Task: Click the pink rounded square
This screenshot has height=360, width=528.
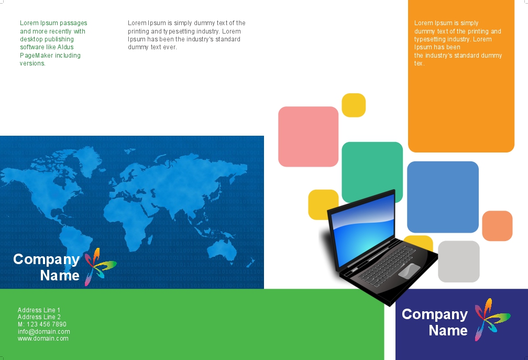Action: point(308,136)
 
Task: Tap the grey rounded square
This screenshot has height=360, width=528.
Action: point(459,261)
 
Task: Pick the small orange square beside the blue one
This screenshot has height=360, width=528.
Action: point(497,226)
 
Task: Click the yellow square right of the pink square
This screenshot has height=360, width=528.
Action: point(354,105)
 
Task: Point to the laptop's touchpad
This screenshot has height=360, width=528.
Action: point(409,270)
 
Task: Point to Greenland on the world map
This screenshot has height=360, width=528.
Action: point(87,160)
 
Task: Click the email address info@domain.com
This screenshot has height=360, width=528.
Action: point(44,331)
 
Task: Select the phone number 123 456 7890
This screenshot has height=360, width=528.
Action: point(47,324)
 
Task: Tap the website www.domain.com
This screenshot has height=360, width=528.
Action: point(43,339)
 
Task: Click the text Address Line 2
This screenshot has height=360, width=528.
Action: point(39,317)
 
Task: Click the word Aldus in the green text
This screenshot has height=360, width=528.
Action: point(65,47)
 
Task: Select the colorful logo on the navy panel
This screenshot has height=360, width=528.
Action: point(492,319)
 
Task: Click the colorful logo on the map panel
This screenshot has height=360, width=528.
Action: point(101,267)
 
